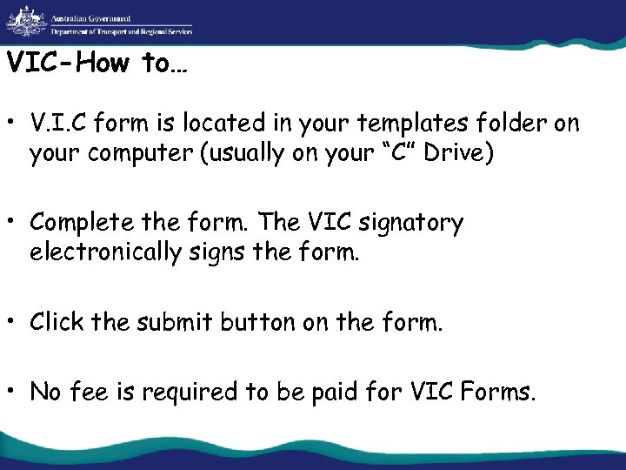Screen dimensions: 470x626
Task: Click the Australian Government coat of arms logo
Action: click(x=23, y=21)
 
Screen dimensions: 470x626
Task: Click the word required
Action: click(x=195, y=392)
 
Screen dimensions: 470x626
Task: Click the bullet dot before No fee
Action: click(x=14, y=391)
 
